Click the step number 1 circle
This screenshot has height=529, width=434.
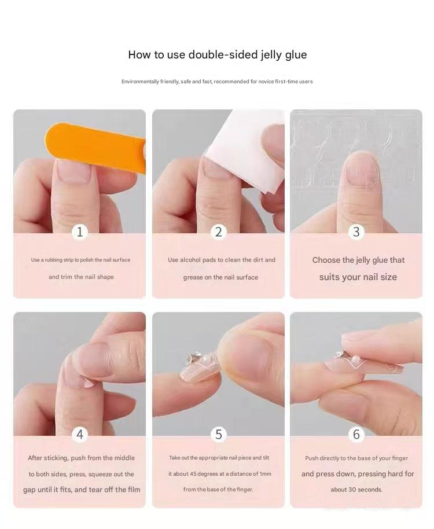click(80, 232)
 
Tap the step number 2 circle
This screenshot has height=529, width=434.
click(218, 232)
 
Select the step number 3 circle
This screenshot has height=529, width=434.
click(356, 232)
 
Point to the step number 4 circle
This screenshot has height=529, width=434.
click(80, 434)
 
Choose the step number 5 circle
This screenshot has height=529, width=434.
click(218, 434)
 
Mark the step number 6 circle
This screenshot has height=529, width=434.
click(356, 434)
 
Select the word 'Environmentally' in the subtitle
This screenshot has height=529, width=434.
click(141, 82)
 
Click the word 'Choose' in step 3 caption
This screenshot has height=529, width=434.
click(326, 260)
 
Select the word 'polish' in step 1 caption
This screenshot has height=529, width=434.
click(89, 260)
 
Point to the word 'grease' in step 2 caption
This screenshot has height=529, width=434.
click(193, 277)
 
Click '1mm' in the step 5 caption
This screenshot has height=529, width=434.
click(265, 474)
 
